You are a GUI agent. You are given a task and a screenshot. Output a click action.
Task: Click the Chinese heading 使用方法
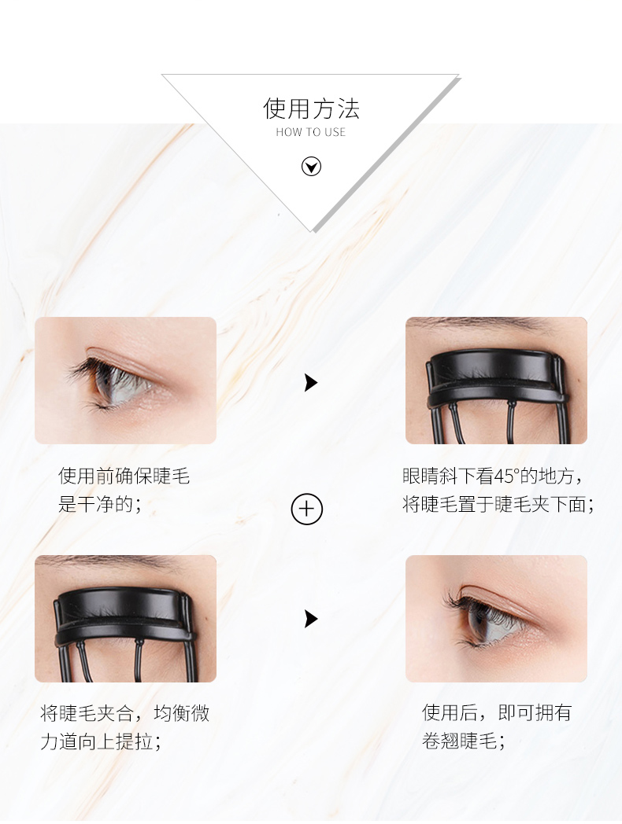coord(311,109)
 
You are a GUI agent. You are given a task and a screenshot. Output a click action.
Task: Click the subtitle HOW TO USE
coord(311,132)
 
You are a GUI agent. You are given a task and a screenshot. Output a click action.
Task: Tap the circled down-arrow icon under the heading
coord(311,167)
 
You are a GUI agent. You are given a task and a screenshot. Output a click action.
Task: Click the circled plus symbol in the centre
coord(307,509)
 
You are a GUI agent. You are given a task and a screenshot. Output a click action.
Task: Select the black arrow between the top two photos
coord(310,383)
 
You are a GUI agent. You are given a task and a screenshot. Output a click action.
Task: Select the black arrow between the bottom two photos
coord(310,619)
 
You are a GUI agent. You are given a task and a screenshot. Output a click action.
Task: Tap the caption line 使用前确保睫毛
coord(124,476)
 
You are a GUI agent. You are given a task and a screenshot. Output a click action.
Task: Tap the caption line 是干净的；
coord(100,504)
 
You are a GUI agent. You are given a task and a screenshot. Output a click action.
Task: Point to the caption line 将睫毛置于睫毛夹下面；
coord(498,504)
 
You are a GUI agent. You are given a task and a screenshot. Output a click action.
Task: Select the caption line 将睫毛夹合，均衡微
coord(125,713)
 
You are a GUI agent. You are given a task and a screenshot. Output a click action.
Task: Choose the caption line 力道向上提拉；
coord(101,741)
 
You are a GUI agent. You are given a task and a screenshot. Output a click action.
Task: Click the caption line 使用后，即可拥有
coord(497,712)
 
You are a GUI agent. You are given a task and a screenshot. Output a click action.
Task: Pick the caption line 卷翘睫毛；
coord(464,741)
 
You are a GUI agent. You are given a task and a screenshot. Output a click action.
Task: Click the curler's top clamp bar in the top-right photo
coord(494,370)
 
